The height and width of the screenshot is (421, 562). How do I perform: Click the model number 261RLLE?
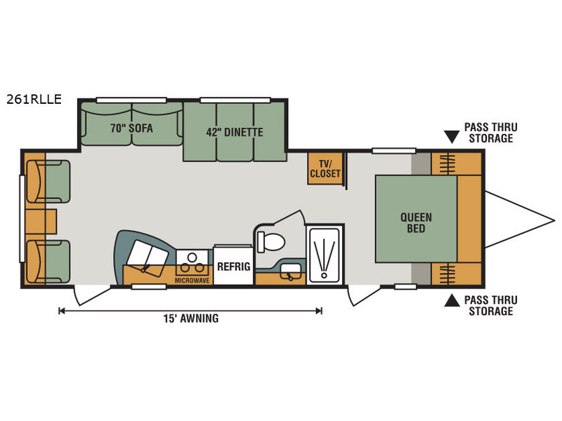(34, 99)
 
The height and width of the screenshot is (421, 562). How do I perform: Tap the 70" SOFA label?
(131, 128)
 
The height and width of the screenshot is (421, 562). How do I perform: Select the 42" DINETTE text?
(235, 132)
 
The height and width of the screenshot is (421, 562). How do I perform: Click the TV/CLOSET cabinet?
(325, 168)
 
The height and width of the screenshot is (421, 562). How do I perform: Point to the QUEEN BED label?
(416, 222)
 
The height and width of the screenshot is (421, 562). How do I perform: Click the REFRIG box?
(234, 265)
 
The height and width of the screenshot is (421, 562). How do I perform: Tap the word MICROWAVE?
(192, 281)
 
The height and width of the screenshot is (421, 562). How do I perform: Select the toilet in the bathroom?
(271, 242)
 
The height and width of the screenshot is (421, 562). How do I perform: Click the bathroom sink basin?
(290, 269)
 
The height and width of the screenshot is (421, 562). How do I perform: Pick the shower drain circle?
(325, 275)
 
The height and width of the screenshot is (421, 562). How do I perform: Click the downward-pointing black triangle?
(452, 137)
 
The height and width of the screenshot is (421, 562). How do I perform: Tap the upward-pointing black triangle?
(452, 301)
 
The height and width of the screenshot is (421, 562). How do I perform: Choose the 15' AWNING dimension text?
(191, 319)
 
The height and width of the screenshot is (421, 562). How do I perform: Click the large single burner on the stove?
(192, 257)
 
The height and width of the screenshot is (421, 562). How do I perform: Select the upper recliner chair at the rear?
(48, 182)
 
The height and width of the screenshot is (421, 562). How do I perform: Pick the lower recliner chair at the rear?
(48, 261)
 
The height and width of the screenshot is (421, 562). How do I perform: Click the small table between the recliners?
(41, 222)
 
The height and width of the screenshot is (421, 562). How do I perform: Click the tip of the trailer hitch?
(554, 220)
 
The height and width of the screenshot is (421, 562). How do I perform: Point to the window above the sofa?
(131, 100)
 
